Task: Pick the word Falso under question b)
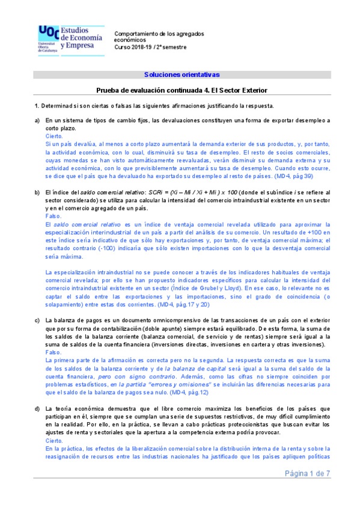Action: coord(53,215)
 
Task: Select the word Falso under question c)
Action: coord(53,352)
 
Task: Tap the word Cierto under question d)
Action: coord(53,441)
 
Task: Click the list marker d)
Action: coord(37,409)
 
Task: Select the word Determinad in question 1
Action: coord(57,106)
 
